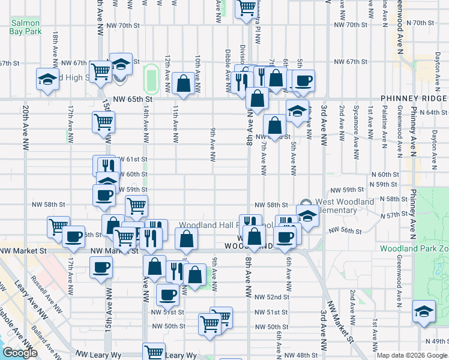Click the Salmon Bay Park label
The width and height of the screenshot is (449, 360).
tap(25, 27)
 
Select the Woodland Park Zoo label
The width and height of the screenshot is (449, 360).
tap(414, 248)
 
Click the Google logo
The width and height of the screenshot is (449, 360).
tap(19, 353)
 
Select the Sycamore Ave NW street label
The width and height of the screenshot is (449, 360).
tap(356, 125)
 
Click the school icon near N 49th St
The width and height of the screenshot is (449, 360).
tap(424, 312)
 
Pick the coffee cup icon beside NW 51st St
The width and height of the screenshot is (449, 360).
tap(167, 293)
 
